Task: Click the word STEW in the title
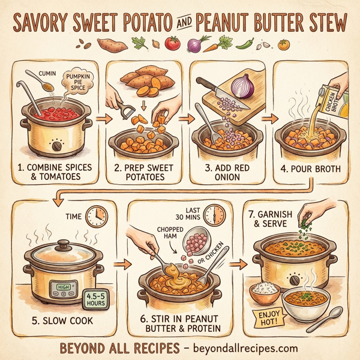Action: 319,22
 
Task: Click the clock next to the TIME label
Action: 96,217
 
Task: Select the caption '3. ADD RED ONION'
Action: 221,172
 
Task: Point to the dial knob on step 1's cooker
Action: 56,146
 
